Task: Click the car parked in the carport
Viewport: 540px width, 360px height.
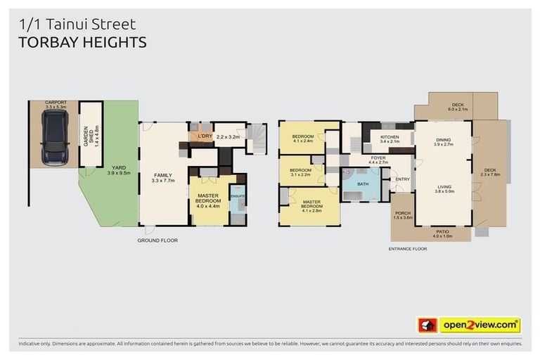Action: point(53,138)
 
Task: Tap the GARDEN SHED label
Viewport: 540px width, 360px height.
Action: point(89,134)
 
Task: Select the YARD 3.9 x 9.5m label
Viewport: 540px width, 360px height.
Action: point(119,169)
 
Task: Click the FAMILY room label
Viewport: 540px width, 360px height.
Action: point(163,177)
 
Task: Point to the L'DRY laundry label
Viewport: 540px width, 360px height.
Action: point(205,135)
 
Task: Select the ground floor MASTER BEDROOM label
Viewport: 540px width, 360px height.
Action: point(208,200)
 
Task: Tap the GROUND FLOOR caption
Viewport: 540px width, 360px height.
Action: point(157,240)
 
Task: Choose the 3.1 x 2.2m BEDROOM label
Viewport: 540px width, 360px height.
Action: point(300,172)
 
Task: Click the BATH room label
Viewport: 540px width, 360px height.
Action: point(362,184)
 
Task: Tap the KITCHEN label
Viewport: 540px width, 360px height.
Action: point(390,139)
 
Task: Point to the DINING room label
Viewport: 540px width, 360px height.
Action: point(443,141)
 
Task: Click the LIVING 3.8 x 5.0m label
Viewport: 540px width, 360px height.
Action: point(443,188)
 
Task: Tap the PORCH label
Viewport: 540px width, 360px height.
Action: point(402,215)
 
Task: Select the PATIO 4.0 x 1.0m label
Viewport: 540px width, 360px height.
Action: point(442,233)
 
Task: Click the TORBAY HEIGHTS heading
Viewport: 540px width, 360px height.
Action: point(82,42)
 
